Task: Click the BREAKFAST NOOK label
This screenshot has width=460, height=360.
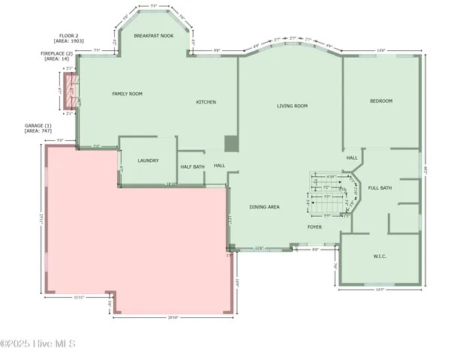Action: (153, 35)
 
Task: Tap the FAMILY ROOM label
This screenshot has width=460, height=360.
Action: (127, 94)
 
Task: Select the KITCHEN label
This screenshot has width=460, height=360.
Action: (206, 102)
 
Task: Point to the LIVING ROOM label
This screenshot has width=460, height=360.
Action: (291, 106)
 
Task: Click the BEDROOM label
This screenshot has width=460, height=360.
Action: (380, 100)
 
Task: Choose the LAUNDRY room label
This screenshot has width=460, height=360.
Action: (148, 160)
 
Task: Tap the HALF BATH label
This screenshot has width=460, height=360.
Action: (192, 166)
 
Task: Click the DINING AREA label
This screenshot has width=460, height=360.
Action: (264, 206)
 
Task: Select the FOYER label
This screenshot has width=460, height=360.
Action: (314, 226)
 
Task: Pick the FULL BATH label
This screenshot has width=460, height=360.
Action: (380, 187)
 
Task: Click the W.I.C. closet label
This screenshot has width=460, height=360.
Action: (379, 256)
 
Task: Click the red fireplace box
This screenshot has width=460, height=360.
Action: (72, 94)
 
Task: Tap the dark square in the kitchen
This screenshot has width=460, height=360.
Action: (231, 144)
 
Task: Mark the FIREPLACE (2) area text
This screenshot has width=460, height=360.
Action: (57, 56)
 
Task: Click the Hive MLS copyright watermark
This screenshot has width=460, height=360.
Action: (38, 344)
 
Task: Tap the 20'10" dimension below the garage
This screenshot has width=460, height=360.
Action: (173, 318)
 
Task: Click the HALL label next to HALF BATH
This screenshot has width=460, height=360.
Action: (219, 165)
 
